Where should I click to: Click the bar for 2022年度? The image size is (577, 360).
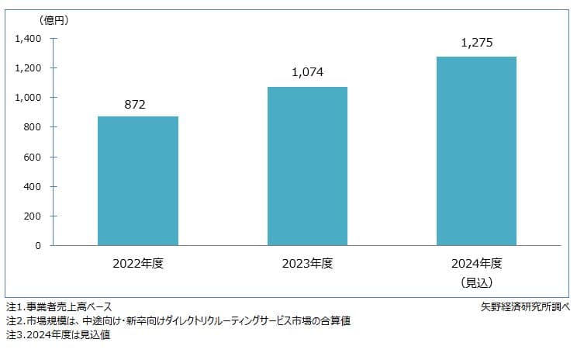click(x=138, y=181)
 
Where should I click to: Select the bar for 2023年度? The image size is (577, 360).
click(x=307, y=166)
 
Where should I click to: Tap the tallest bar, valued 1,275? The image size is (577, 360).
click(x=476, y=151)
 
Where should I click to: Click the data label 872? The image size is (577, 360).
click(x=135, y=105)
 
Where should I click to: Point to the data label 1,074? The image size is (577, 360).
click(x=308, y=72)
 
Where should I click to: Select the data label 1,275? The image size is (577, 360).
click(x=477, y=43)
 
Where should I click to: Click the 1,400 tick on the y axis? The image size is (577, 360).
click(x=28, y=39)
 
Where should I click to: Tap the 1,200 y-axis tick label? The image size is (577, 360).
click(x=28, y=68)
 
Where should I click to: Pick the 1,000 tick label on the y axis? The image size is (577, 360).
click(x=28, y=98)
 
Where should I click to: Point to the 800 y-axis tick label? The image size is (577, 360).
click(x=33, y=127)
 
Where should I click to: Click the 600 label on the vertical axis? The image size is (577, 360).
click(x=33, y=157)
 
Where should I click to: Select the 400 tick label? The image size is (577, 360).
click(x=33, y=187)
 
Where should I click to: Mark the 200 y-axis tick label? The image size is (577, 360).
click(x=33, y=216)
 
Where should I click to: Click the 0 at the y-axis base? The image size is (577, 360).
click(x=38, y=246)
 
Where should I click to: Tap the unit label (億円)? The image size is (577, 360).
click(x=54, y=20)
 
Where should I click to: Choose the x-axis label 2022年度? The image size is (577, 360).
click(x=138, y=264)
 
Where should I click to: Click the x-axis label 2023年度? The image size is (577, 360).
click(x=307, y=264)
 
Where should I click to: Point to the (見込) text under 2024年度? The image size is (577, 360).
click(x=476, y=282)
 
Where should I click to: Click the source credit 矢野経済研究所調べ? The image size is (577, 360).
click(x=525, y=306)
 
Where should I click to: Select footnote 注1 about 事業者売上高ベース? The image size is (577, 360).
click(x=59, y=306)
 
